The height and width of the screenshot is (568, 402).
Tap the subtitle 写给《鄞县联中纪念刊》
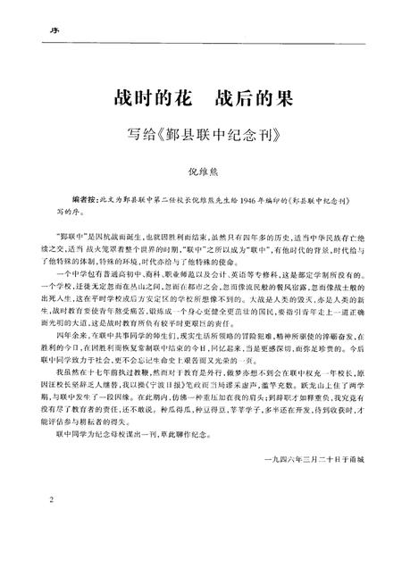pyautogui.click(x=201, y=137)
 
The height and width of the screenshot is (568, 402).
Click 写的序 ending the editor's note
pyautogui.click(x=61, y=214)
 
